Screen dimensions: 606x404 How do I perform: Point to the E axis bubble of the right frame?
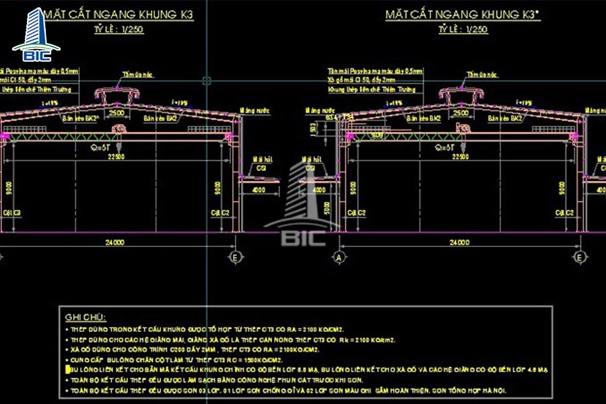click(579, 257)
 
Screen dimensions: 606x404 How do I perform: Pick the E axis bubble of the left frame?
click(235, 257)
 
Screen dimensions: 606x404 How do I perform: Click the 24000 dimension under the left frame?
click(114, 242)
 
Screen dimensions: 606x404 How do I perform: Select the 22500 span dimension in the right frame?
click(461, 157)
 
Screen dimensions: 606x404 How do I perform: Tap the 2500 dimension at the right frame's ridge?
click(461, 114)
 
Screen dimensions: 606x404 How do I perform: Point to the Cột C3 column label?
click(11, 213)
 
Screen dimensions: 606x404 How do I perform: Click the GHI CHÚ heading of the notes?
click(86, 316)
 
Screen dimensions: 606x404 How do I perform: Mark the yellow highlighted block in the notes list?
click(67, 370)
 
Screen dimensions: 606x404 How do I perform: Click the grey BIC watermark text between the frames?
click(302, 236)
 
